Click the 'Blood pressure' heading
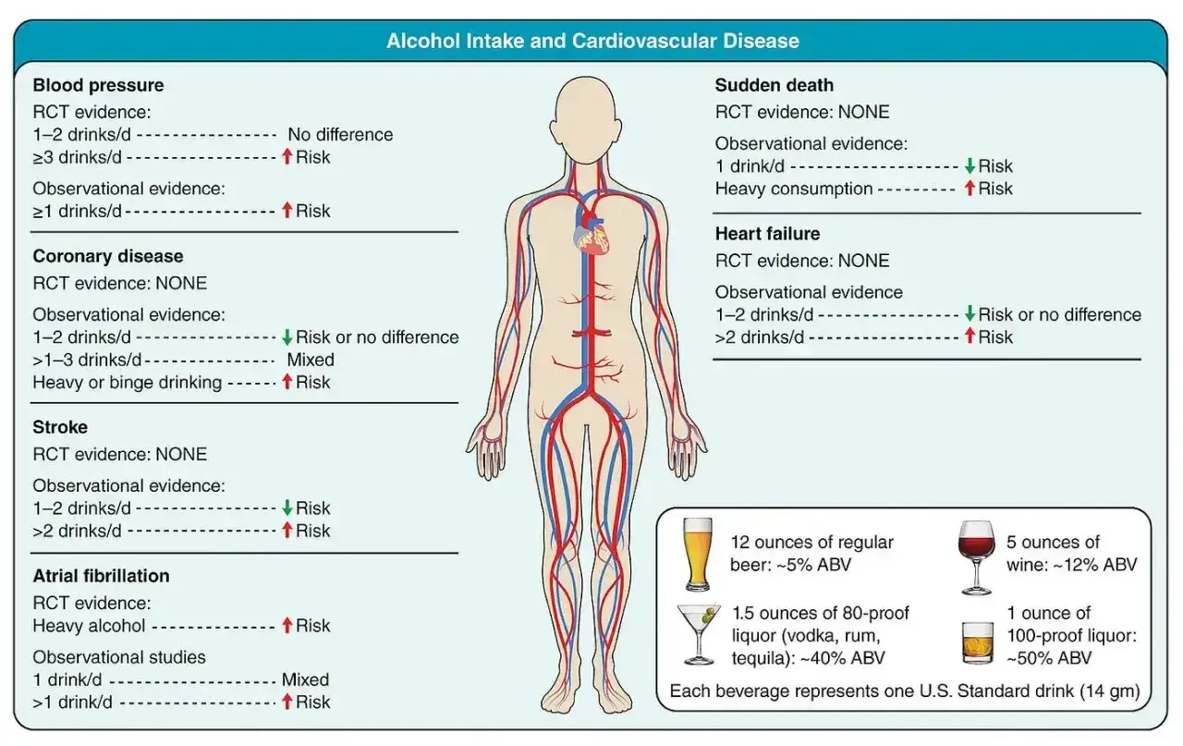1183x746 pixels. pos(98,86)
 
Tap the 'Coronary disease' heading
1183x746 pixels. pos(108,256)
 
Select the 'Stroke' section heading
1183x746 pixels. pos(60,427)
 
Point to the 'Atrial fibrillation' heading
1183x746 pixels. pos(101,576)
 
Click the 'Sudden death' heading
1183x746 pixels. pos(774,86)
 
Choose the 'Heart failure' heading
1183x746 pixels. pos(767,234)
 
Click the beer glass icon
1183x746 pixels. pos(697,554)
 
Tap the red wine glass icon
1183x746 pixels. pos(976,557)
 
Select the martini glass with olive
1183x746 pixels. pos(699,634)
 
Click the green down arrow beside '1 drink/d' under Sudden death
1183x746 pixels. pos(970,165)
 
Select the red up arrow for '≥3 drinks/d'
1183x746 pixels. pos(287,156)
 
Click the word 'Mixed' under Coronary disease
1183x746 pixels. pos(311,360)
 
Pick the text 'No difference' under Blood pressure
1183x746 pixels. pos(340,135)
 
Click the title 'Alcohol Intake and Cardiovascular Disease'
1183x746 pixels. pos(592,42)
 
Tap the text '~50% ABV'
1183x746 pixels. pos(1049,658)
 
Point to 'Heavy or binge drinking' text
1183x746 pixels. pos(128,383)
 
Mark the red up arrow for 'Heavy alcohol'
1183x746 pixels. pos(287,626)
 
